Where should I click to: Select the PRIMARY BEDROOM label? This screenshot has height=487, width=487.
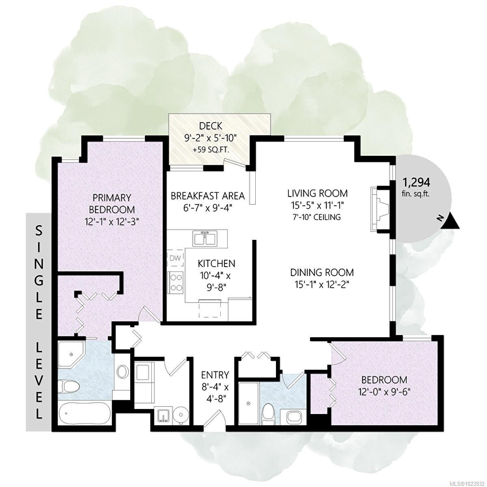[112, 203]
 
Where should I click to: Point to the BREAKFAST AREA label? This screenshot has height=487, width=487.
[207, 196]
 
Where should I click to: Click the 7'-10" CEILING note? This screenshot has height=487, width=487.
[317, 217]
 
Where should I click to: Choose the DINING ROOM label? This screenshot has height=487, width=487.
[321, 272]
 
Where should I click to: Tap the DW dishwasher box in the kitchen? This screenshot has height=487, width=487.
[175, 258]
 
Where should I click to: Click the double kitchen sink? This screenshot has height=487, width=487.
[205, 238]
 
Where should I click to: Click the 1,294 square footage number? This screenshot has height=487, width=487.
[416, 182]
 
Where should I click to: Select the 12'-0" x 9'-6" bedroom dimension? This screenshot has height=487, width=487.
[384, 392]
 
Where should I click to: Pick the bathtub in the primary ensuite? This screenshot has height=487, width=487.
[84, 414]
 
